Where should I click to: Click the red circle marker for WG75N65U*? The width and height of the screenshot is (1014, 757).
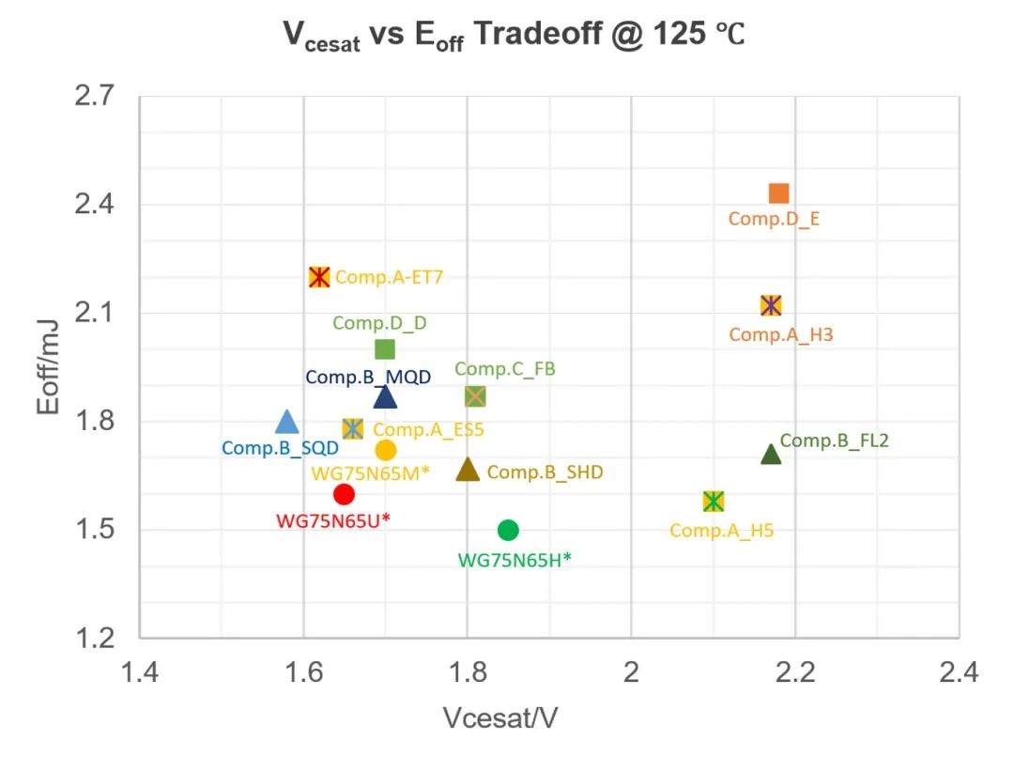[x=344, y=494]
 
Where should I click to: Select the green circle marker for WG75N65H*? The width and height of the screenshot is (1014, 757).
[x=508, y=530]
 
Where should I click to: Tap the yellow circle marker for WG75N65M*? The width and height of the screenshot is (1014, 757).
[x=385, y=450]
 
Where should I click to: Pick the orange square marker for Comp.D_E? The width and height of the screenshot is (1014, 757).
[x=778, y=193]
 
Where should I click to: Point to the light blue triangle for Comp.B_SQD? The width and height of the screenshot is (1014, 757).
[x=287, y=422]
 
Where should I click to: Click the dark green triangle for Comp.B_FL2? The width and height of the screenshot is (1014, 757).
[x=771, y=455]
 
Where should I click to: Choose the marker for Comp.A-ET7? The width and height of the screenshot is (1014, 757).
[x=319, y=277]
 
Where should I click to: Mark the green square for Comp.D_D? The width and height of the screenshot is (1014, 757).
[x=385, y=349]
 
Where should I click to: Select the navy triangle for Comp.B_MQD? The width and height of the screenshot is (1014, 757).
[x=385, y=397]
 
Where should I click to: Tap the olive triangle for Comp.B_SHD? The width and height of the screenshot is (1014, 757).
[x=468, y=471]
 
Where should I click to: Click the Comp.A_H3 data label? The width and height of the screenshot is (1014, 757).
[x=780, y=334]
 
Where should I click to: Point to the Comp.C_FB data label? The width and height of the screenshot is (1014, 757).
[x=505, y=369]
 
